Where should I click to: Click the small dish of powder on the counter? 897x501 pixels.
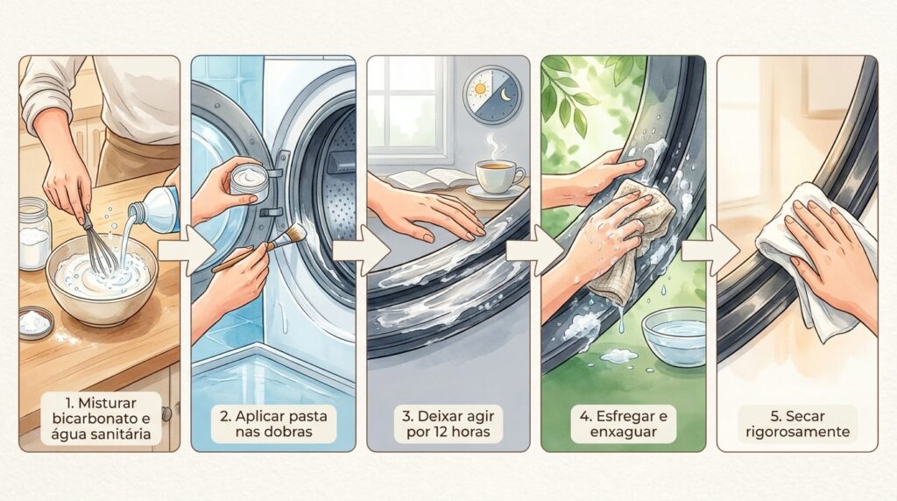point(35,322)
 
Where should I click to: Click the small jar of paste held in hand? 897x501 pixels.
point(250,183)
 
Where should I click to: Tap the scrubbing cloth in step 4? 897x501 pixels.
point(629,240)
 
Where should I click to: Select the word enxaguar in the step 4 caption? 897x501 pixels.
point(623,432)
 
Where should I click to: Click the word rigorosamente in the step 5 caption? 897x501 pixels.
point(797,432)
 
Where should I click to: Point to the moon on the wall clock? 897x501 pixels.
point(505,95)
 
